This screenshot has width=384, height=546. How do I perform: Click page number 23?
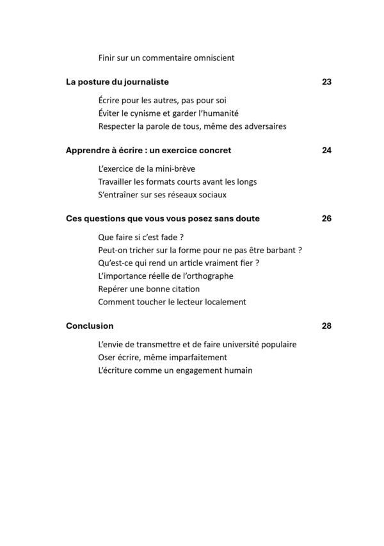click(326, 82)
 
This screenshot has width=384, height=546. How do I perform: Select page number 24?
click(326, 151)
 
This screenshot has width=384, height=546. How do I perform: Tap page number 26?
click(326, 219)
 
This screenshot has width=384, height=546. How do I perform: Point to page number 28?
click(326, 326)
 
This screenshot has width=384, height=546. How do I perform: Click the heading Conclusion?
click(90, 326)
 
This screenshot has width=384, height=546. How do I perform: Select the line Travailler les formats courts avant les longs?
click(177, 181)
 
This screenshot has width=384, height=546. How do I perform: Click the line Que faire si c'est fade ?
click(137, 236)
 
